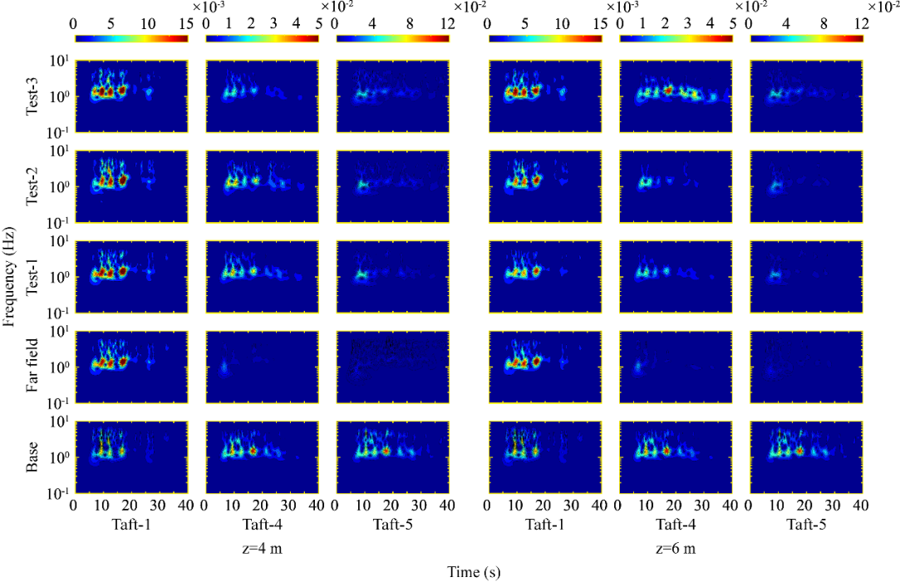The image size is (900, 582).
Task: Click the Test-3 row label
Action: (x=32, y=96)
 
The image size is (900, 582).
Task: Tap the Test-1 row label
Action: (x=32, y=277)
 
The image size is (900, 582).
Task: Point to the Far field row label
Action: (x=32, y=367)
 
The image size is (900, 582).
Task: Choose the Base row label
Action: (x=32, y=457)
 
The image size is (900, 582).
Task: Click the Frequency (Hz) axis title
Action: (x=10, y=276)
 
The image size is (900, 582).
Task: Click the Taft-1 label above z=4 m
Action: (x=130, y=525)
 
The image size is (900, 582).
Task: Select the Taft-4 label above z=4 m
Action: (x=261, y=525)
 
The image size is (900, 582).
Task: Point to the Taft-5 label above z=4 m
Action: (x=391, y=525)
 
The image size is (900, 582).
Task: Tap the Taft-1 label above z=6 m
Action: (x=545, y=525)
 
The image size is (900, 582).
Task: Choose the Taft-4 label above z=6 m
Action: (x=675, y=525)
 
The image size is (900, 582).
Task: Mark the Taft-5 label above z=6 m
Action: (x=805, y=525)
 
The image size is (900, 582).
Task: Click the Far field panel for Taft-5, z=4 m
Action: (x=392, y=367)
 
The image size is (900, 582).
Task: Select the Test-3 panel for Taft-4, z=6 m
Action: (x=676, y=96)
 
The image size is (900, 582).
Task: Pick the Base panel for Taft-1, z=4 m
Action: (x=130, y=457)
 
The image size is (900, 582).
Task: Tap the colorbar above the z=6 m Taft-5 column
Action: (x=806, y=38)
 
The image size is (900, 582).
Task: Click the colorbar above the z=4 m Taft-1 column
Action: (x=130, y=38)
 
